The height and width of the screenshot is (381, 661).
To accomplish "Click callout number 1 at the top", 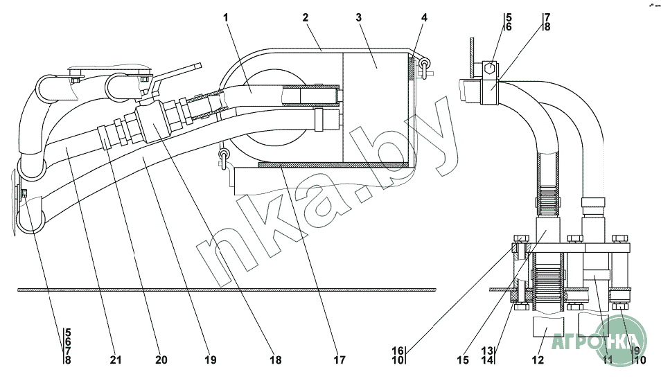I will tap(226, 17).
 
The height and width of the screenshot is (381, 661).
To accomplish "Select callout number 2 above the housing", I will tap(306, 17).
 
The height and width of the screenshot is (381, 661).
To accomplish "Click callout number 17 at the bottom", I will tap(338, 360).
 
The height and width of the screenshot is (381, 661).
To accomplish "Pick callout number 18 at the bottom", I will tap(276, 360).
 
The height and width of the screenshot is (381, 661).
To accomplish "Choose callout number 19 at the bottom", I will tap(210, 360).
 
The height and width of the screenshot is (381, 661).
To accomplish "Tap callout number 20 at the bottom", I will tap(161, 360).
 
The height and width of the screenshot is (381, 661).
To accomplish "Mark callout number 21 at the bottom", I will tap(115, 360).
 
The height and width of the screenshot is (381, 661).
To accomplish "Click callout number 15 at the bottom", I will tap(463, 360).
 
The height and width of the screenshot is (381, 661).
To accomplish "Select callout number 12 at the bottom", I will tap(538, 360).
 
